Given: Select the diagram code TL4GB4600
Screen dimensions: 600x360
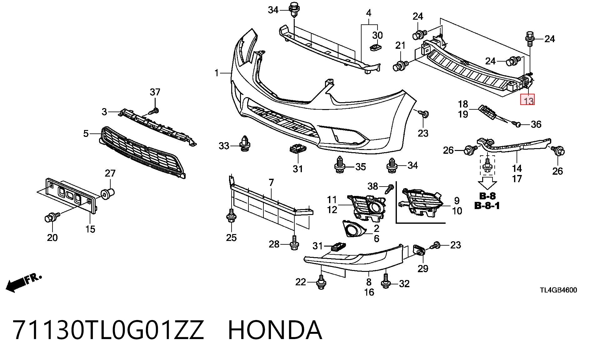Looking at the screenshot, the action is (x=558, y=290).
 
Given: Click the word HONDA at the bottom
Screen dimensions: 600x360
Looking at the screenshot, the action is (x=275, y=330).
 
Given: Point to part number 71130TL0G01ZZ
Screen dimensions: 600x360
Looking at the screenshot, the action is (x=108, y=330).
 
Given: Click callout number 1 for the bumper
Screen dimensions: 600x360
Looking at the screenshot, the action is (x=217, y=73).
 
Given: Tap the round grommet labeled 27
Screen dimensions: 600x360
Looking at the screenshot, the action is (x=107, y=194).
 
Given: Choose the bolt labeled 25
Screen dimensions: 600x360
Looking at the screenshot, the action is (x=231, y=216).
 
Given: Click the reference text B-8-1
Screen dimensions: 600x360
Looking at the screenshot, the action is (x=487, y=206).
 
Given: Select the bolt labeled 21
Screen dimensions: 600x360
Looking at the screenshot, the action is (x=400, y=66).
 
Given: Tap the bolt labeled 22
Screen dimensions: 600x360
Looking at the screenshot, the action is (x=321, y=282).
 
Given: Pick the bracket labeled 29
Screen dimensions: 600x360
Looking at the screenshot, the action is (x=419, y=250).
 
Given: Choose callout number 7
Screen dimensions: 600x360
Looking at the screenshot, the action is (x=271, y=182).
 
